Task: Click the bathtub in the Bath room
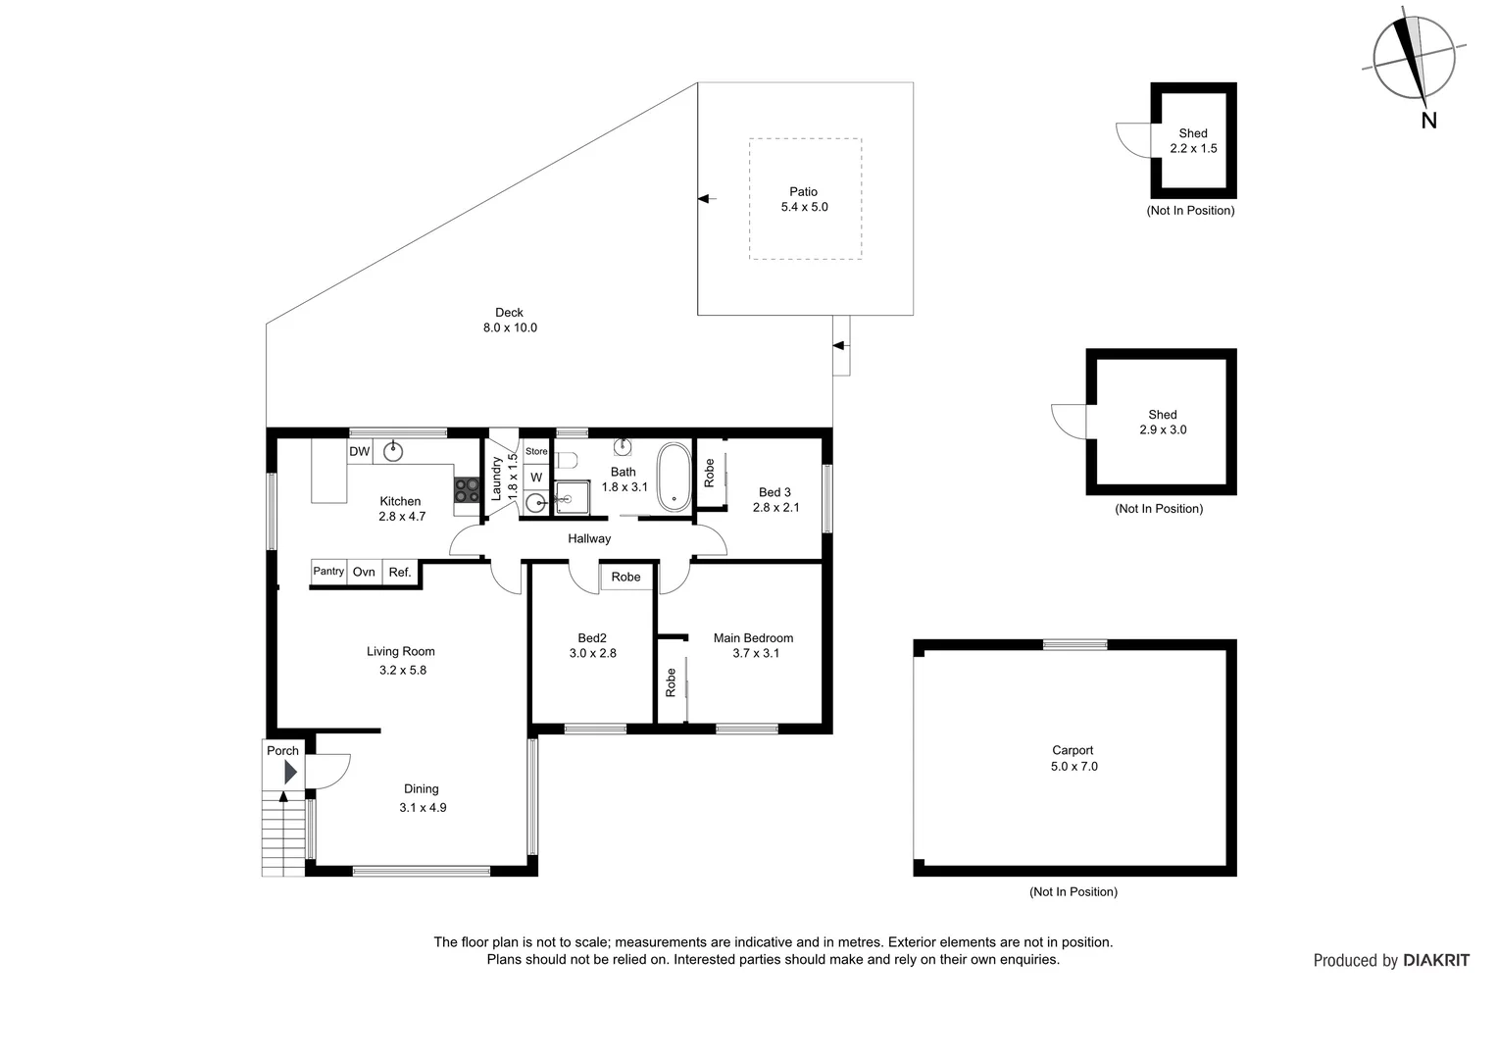(673, 477)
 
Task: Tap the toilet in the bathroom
(567, 460)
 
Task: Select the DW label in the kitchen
(360, 451)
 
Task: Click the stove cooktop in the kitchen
(467, 489)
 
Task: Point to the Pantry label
(328, 572)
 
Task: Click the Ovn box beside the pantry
(364, 572)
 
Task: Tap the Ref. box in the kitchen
(400, 572)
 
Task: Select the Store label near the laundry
(536, 452)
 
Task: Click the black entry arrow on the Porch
(290, 773)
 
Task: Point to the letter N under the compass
(1428, 121)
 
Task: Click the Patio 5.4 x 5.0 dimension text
(804, 207)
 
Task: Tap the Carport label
(1073, 750)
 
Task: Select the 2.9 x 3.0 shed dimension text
(1163, 429)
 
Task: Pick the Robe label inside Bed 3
(709, 474)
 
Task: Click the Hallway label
(589, 538)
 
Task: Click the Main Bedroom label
(753, 638)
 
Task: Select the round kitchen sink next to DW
(393, 451)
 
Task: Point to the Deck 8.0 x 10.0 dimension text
(510, 328)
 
